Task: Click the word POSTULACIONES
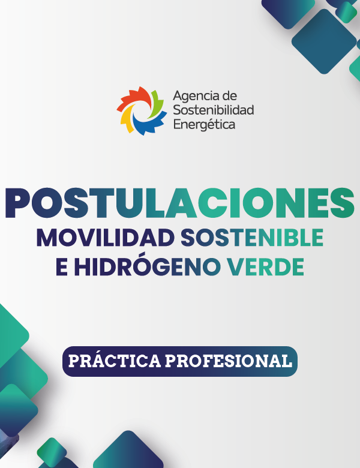tap(180, 203)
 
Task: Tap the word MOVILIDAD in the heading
tap(106, 238)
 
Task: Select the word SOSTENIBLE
tap(252, 238)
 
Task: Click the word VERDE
tap(265, 266)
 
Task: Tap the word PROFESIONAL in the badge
tap(229, 361)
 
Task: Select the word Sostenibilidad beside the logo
tap(214, 110)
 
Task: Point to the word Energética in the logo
tap(204, 124)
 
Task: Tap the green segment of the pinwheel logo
tap(155, 104)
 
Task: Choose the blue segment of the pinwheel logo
tap(148, 124)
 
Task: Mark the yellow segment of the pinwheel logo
tap(125, 118)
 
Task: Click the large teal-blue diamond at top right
tap(324, 41)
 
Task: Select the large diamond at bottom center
tap(128, 451)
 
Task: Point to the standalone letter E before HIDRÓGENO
tap(62, 266)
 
